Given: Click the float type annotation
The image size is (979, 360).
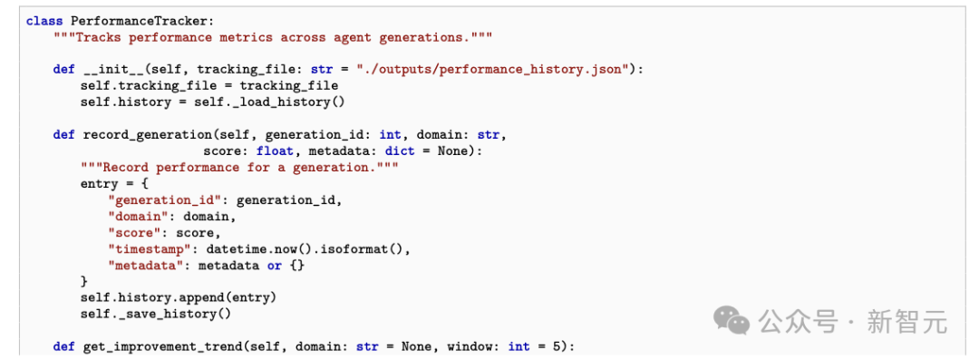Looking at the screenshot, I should point(275,151).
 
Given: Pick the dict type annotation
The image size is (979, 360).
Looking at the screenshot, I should point(400,151).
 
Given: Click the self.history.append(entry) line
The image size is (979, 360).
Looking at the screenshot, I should point(179,297).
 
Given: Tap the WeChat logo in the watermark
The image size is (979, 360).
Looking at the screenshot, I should point(732,319).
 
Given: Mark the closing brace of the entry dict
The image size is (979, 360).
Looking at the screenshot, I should point(84,281).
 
